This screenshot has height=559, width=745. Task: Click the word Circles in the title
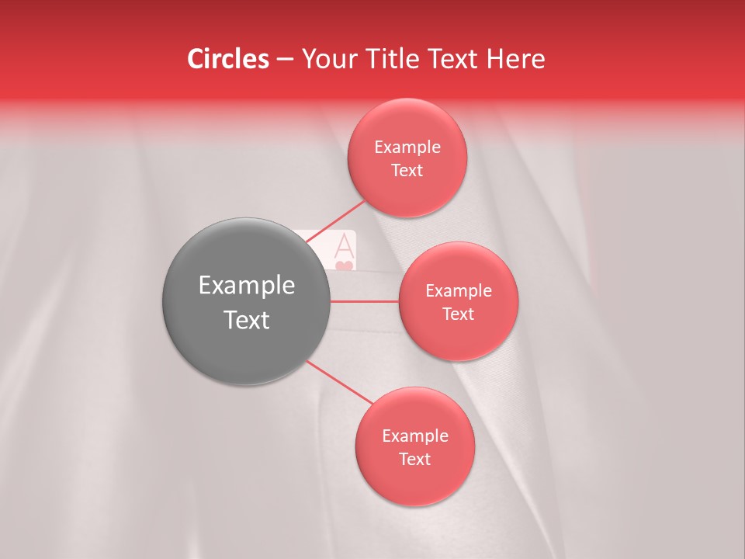(x=228, y=59)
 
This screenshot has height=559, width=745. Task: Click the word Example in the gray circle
(x=247, y=286)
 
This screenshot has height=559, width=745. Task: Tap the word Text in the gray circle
(x=247, y=320)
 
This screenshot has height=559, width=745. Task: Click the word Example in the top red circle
(x=407, y=148)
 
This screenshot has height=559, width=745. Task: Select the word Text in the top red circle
(x=407, y=170)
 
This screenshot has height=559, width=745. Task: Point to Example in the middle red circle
(x=458, y=291)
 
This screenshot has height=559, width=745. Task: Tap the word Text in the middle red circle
(x=458, y=314)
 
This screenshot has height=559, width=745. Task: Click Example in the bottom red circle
(x=414, y=436)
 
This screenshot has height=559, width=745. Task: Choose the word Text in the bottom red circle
(x=414, y=459)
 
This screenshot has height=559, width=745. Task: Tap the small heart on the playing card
(x=345, y=266)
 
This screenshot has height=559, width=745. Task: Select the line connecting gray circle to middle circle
(x=365, y=300)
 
